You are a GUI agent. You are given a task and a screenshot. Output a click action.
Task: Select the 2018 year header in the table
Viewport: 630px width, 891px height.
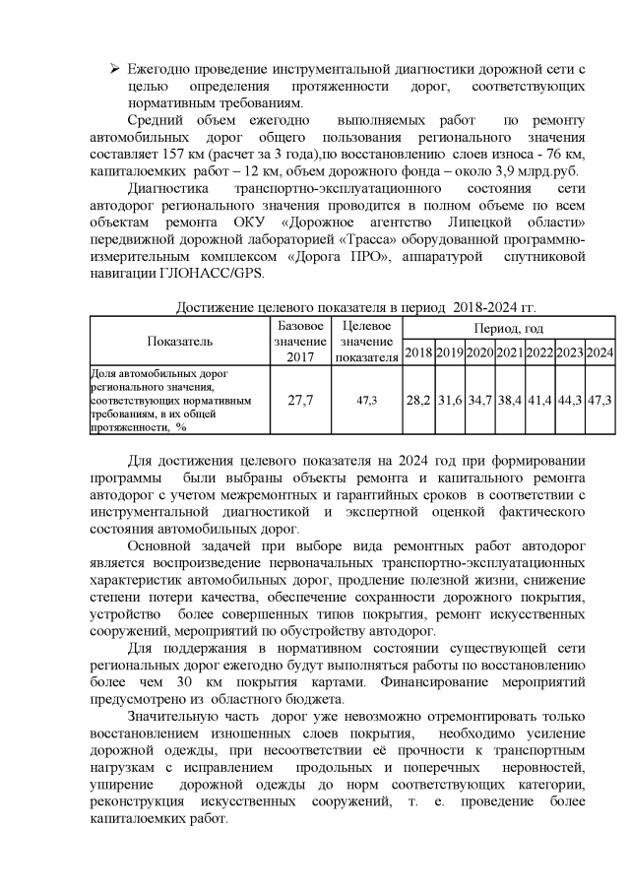coord(418,352)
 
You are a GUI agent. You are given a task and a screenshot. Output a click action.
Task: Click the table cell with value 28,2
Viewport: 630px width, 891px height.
coord(418,401)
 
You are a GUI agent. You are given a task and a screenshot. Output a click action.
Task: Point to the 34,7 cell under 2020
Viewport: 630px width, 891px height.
coord(479,401)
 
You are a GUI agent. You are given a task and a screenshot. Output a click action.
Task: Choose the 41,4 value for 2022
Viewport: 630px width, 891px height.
coord(538,401)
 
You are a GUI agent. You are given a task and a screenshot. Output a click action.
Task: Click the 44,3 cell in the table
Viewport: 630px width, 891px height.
coord(569,401)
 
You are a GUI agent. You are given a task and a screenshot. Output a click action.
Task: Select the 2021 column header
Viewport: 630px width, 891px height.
coord(509,352)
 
